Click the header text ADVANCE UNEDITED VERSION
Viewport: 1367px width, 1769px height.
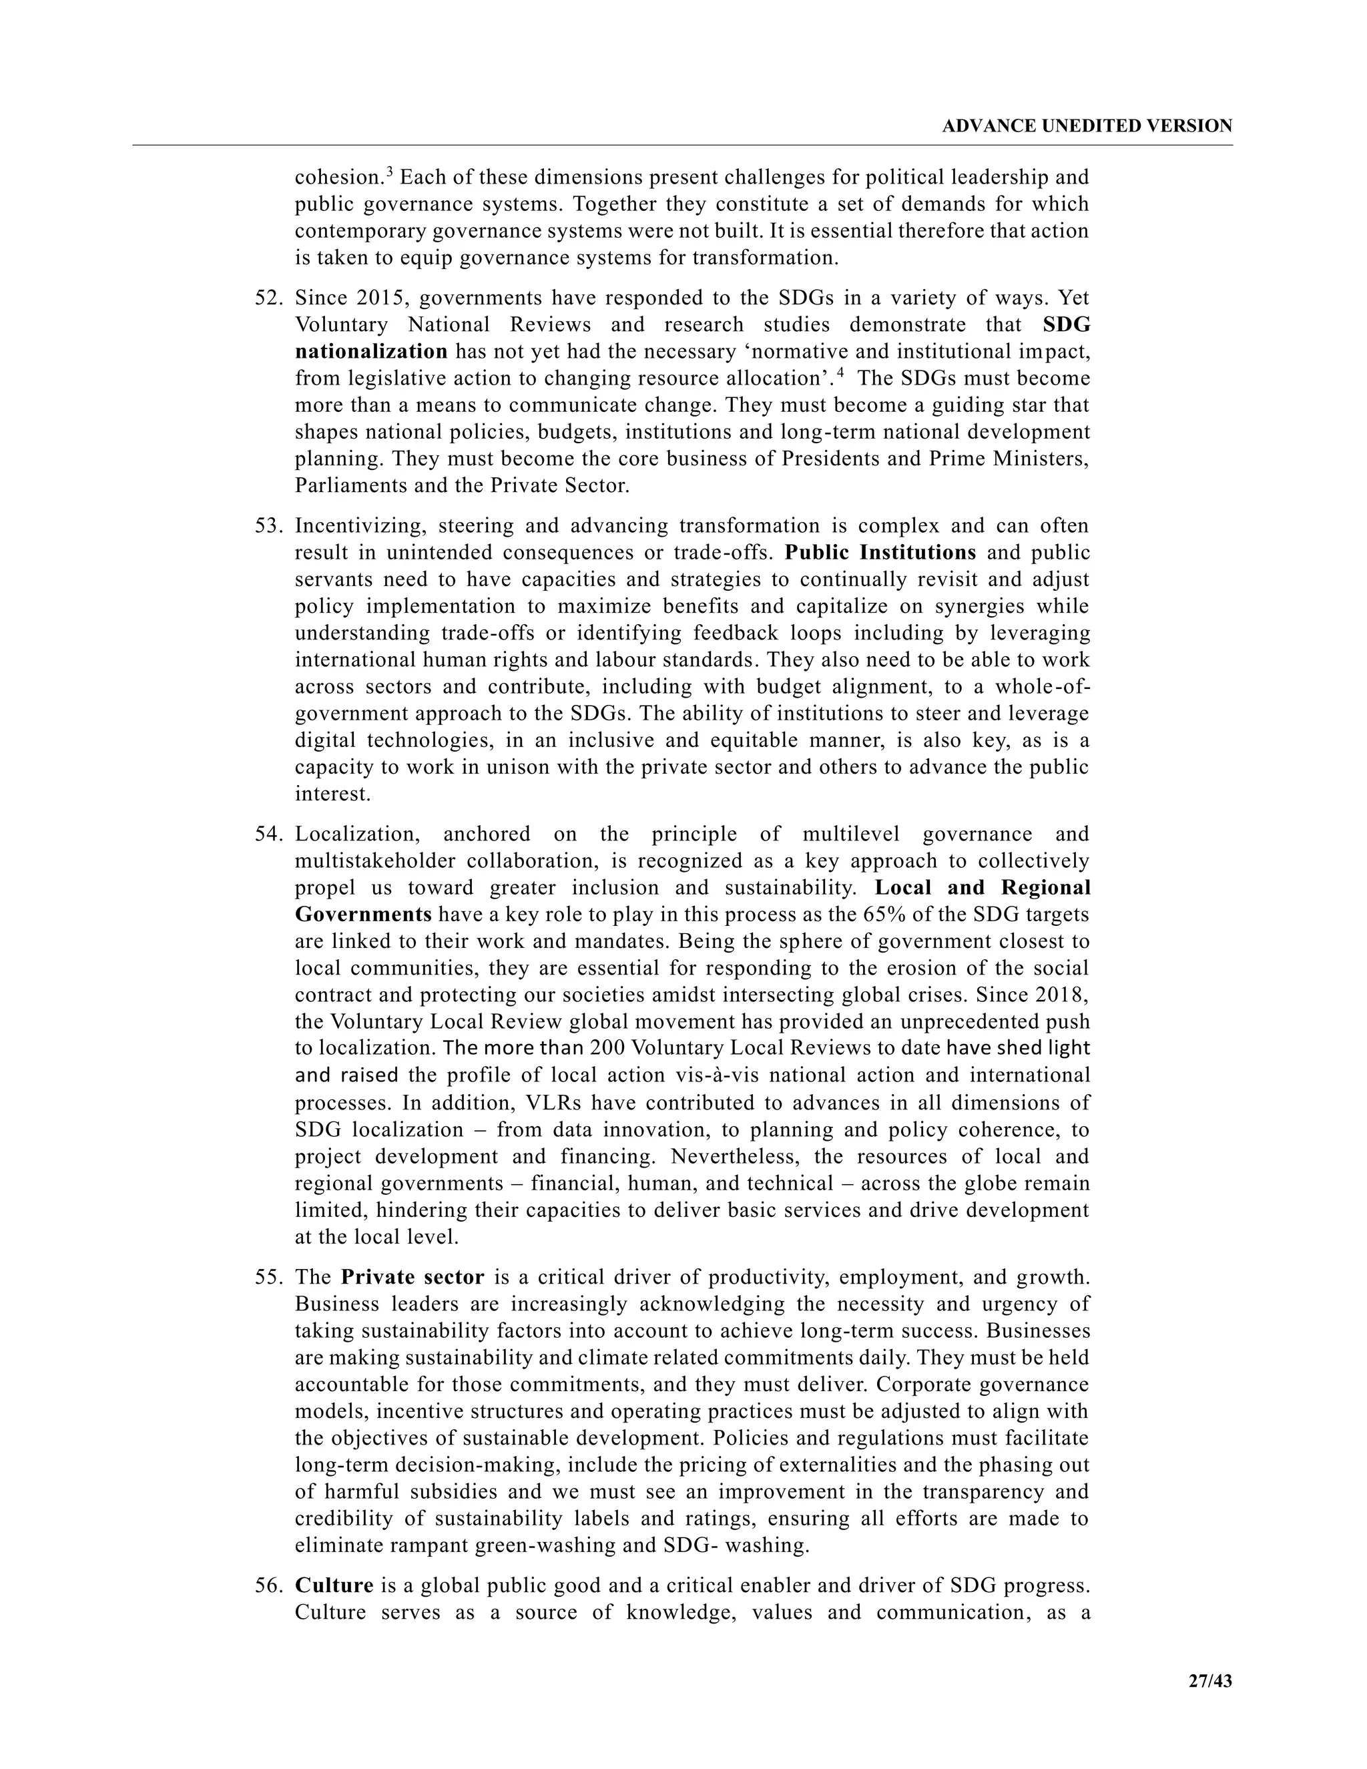[x=1087, y=126]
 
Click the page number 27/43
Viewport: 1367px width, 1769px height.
[x=1210, y=1681]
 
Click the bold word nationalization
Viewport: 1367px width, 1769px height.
[x=371, y=352]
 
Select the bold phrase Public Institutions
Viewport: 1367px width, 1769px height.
[x=881, y=553]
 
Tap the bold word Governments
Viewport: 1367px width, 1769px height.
[x=363, y=915]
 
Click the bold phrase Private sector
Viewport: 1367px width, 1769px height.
[x=413, y=1277]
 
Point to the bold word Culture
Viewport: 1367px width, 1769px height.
[x=334, y=1585]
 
